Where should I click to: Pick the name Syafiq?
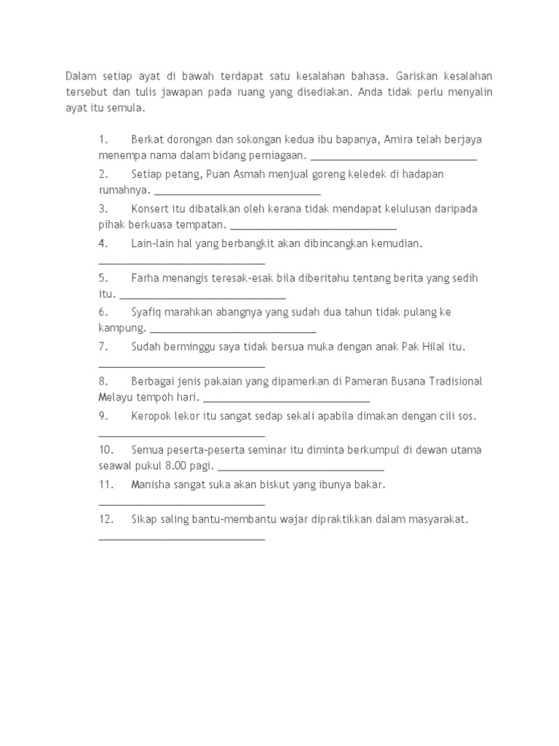click(148, 312)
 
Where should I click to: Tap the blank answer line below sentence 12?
click(181, 538)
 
